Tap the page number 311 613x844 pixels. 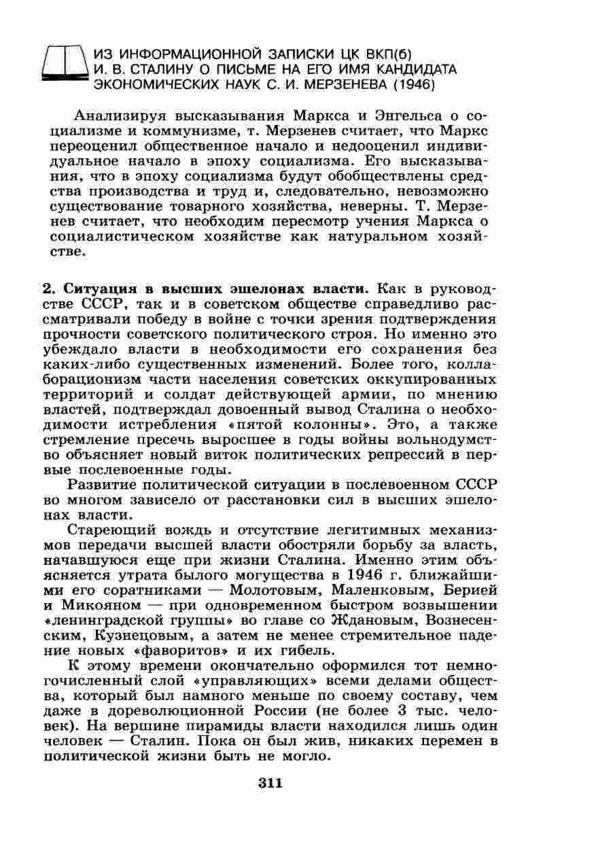pos(270,783)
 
